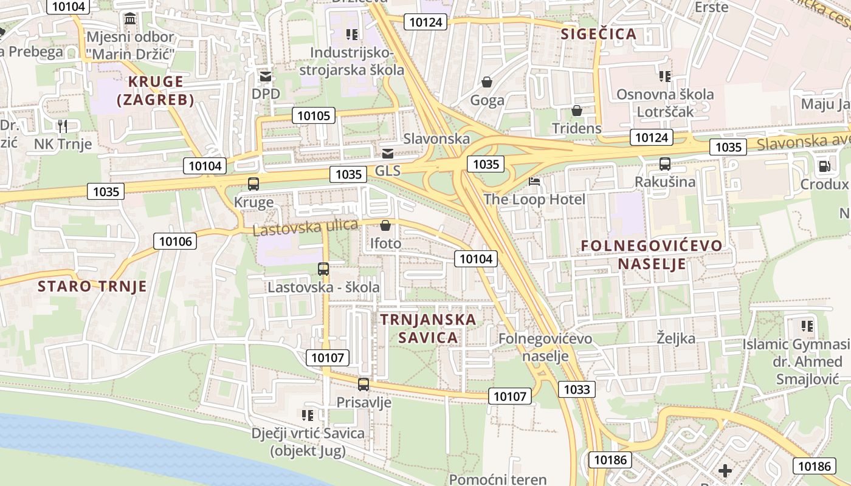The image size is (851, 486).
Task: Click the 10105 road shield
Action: [314, 115]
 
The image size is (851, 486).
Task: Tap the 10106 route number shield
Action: [176, 241]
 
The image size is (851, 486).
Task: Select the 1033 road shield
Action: [576, 389]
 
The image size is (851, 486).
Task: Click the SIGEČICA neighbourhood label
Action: [599, 34]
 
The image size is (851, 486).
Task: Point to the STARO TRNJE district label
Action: [92, 286]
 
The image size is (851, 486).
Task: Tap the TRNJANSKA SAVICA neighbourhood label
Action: [428, 328]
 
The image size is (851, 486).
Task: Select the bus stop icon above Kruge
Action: [253, 183]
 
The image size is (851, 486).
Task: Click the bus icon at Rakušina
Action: [665, 163]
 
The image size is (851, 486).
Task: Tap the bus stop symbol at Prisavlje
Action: [363, 384]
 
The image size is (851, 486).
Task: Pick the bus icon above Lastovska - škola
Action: [323, 269]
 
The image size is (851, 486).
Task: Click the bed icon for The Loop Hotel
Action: [534, 181]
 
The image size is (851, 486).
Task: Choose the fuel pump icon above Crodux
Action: [824, 165]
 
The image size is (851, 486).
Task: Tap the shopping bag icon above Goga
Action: [487, 82]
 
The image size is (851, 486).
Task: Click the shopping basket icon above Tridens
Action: [576, 111]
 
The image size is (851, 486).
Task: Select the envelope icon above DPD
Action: [266, 77]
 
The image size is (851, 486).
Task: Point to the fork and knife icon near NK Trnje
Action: [63, 126]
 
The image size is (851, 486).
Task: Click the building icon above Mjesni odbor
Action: [130, 19]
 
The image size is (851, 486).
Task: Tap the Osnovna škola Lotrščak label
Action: [665, 103]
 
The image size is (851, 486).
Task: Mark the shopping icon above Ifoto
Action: [385, 226]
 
